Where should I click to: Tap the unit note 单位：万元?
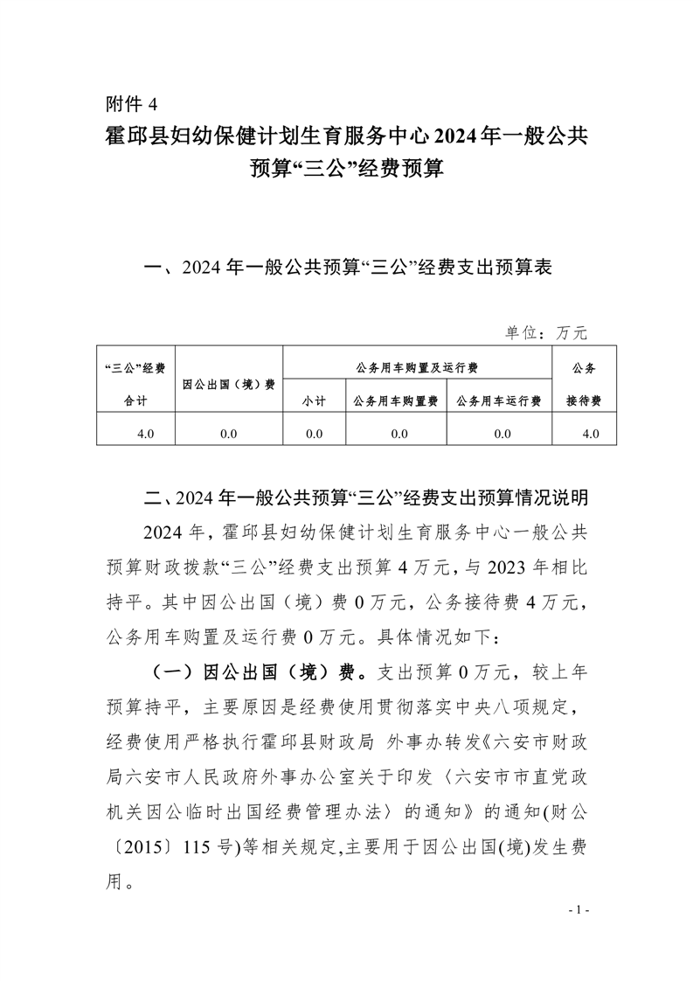[546, 333]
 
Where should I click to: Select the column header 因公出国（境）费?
[229, 384]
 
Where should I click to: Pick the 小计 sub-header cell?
[315, 400]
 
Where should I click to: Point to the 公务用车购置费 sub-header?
[395, 400]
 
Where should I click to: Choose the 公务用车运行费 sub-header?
[499, 400]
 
